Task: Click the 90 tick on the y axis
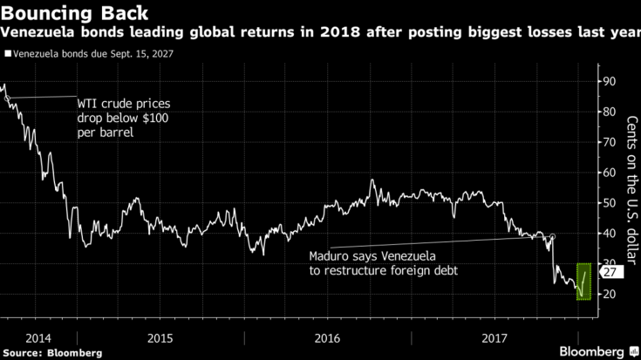coord(610,81)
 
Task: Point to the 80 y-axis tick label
coord(610,112)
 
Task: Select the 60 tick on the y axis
coord(610,173)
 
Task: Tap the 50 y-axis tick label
coord(610,203)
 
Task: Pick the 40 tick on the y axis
coord(610,234)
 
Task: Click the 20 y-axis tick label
coord(610,295)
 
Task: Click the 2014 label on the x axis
coord(38,336)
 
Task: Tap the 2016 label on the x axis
coord(328,336)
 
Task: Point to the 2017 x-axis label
coord(494,336)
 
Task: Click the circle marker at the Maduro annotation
coord(552,236)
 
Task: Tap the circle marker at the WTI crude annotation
coord(9,98)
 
